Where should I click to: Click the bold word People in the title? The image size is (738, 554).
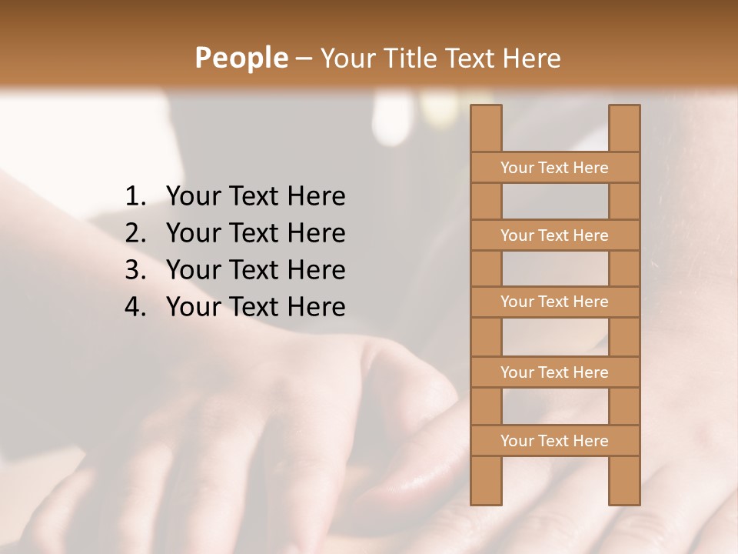[x=241, y=58]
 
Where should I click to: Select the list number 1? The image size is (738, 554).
[x=135, y=197]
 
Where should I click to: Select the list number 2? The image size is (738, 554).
[x=135, y=233]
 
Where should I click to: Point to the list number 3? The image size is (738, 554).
[x=135, y=270]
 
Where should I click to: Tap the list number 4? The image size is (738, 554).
[x=135, y=307]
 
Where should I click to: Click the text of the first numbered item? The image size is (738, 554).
[x=255, y=197]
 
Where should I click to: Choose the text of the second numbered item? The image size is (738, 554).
[x=255, y=233]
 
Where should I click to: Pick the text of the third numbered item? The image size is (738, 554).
[x=255, y=270]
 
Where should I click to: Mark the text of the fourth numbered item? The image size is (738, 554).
[x=255, y=307]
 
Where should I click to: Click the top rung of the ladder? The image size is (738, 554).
[x=555, y=168]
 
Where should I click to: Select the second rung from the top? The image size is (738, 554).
[x=555, y=235]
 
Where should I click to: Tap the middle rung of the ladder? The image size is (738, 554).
[x=555, y=302]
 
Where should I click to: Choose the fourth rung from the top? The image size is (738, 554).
[x=555, y=372]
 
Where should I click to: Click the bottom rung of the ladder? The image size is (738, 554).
[x=555, y=441]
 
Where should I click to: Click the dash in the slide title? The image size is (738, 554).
[x=303, y=58]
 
